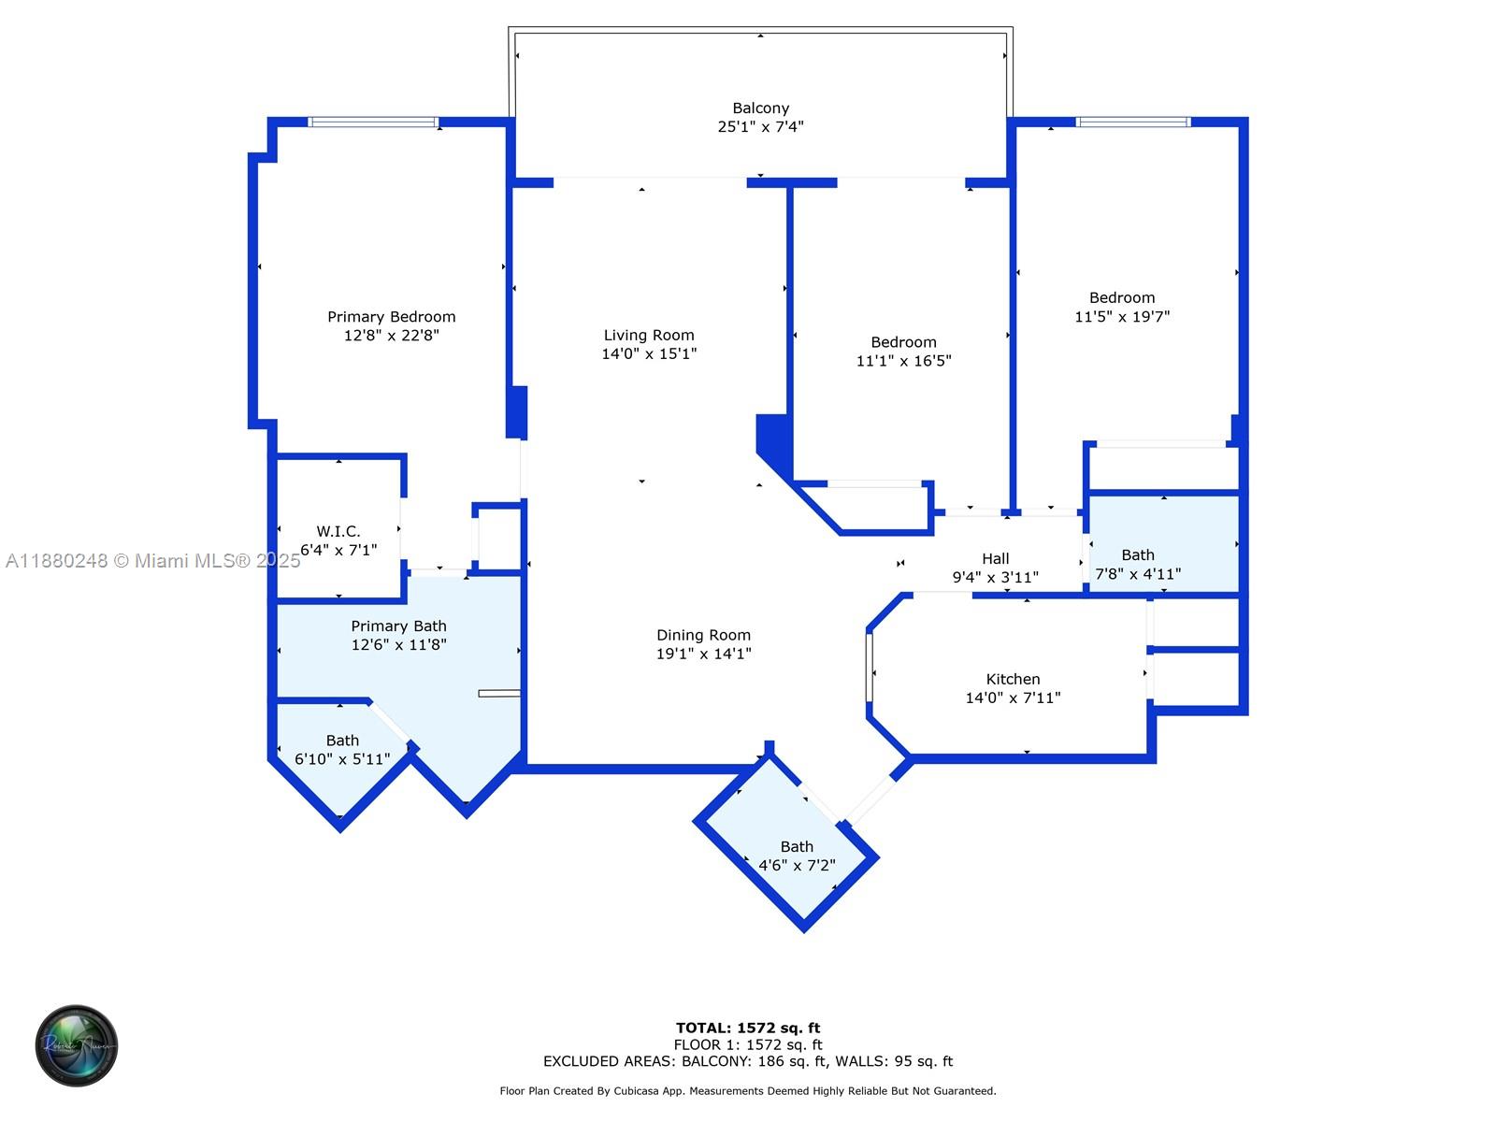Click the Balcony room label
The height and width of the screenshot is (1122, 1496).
760,108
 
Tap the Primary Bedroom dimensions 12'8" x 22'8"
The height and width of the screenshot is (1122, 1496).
391,336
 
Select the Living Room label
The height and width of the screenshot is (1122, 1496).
649,335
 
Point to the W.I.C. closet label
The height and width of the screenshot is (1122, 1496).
338,531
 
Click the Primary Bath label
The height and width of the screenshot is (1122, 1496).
398,626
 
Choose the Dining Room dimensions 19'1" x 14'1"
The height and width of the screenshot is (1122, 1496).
703,654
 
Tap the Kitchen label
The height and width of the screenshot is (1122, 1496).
1013,680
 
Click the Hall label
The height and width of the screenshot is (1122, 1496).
995,559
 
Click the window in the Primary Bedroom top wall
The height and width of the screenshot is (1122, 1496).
373,122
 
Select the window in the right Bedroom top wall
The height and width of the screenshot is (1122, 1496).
1132,122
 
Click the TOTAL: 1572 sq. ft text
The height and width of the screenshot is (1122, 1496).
748,1028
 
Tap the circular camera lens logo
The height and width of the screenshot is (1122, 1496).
77,1045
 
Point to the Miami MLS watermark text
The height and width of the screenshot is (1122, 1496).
152,561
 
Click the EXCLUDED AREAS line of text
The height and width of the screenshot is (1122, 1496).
748,1061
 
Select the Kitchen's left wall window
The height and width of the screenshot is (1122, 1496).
869,668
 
